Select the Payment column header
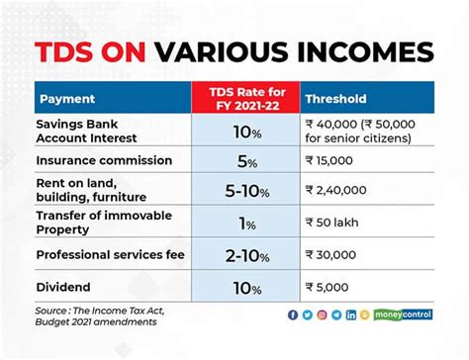coord(68,99)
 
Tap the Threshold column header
coord(335,99)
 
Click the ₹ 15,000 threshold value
coord(334,159)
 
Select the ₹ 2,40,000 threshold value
coord(341,190)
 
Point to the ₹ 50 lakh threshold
coord(334,224)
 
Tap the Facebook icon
coord(292,315)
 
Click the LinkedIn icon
coord(350,315)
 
